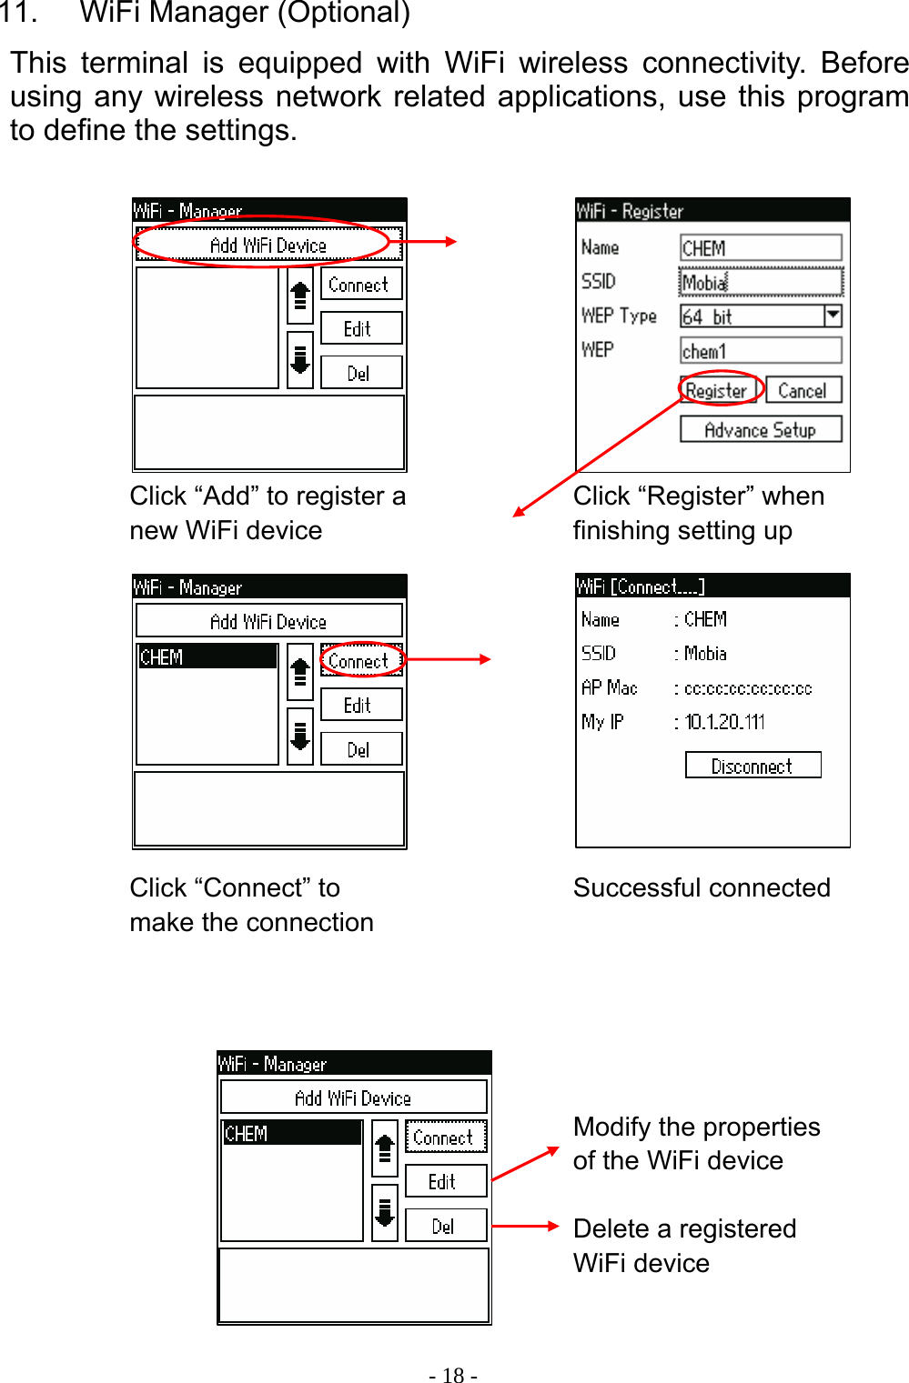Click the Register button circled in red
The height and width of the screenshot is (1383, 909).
pos(717,390)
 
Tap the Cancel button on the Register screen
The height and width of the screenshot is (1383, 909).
pos(803,390)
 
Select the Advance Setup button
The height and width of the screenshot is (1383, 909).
pos(760,429)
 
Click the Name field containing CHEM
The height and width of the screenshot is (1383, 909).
pos(760,247)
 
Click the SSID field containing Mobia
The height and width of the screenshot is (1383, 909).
pos(760,282)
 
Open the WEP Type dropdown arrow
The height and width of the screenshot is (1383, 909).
pos(833,316)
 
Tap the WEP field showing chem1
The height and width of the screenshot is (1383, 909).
pos(760,350)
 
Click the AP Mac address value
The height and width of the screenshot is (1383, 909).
pos(748,688)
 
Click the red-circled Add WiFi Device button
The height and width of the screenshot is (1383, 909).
pos(268,245)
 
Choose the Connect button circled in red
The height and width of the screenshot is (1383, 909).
pos(359,661)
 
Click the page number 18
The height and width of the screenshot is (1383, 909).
pos(453,1375)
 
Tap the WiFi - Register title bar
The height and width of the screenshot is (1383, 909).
pos(712,210)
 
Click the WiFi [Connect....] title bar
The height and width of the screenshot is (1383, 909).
pos(712,586)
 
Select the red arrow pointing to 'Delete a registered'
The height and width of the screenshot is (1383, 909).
pos(525,1226)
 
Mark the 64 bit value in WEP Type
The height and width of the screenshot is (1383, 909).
pos(708,316)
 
